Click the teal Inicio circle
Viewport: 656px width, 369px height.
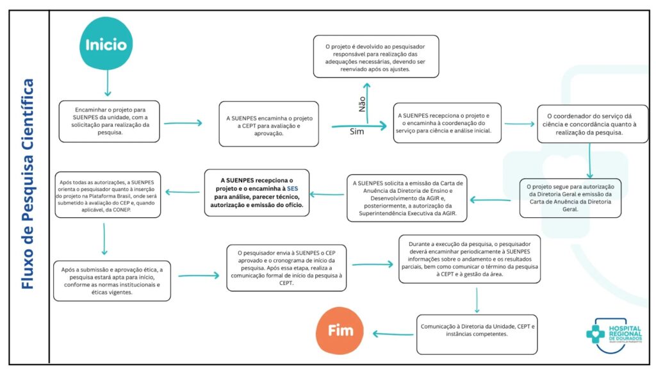tap(106, 45)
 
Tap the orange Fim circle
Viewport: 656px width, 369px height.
tap(340, 331)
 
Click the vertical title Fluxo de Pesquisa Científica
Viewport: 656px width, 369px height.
tap(28, 184)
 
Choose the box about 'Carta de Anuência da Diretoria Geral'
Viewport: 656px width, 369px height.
tap(570, 199)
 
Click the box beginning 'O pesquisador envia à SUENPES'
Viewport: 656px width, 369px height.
tap(287, 267)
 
